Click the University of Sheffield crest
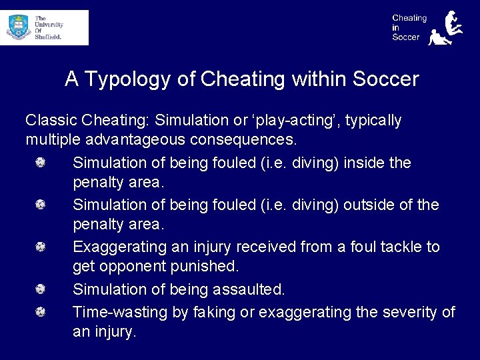point(18,28)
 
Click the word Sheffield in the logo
point(48,37)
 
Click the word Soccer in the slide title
point(385,80)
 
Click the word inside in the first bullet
point(365,163)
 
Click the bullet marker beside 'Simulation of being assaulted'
point(41,290)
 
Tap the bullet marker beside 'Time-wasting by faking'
point(41,312)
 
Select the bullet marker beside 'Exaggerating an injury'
point(41,247)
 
